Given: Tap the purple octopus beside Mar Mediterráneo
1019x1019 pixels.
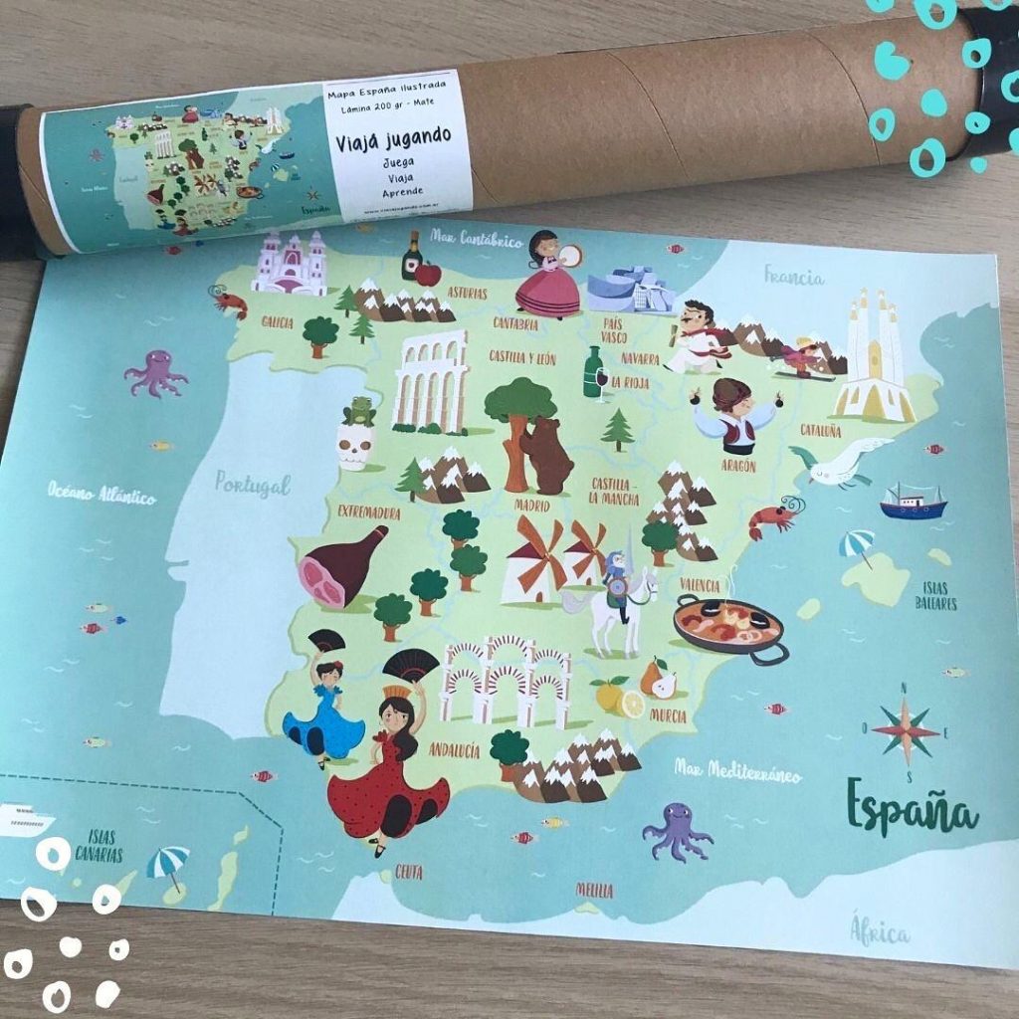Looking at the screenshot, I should coord(677,830).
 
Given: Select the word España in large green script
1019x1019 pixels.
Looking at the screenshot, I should coord(911,808).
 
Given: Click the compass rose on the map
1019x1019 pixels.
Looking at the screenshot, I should coord(905,730).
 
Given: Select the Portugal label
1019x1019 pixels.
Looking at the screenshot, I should coord(253,485).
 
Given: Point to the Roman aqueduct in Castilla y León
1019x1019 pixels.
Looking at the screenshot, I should coord(431,382).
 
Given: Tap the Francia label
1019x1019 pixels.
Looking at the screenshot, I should coord(793,275).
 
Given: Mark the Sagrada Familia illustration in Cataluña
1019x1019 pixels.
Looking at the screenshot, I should coord(875,357).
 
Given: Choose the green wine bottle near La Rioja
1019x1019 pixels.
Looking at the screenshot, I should coord(594,372).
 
